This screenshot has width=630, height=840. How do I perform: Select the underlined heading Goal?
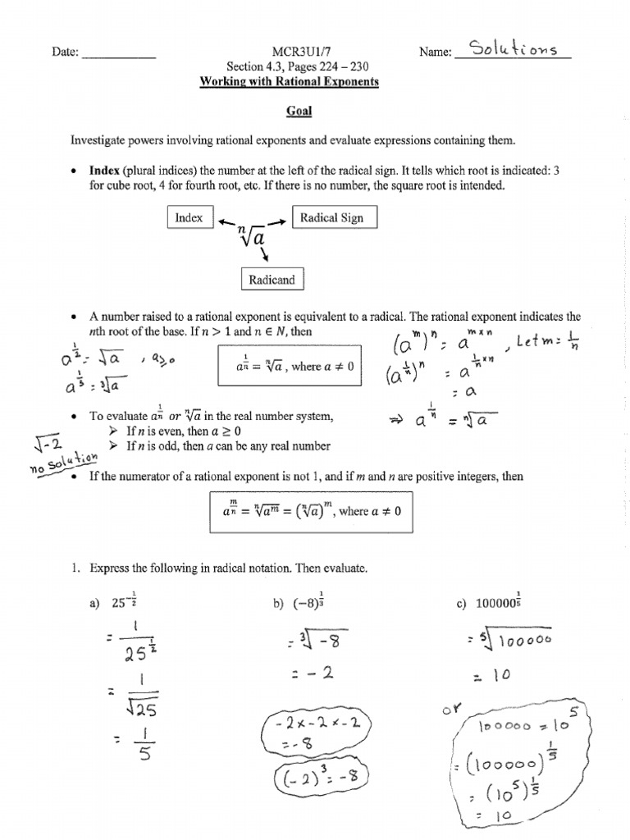point(298,111)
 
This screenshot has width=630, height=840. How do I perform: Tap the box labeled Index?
point(189,217)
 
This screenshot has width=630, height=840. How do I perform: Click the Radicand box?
point(272,280)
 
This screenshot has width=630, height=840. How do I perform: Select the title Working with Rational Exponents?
point(290,82)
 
